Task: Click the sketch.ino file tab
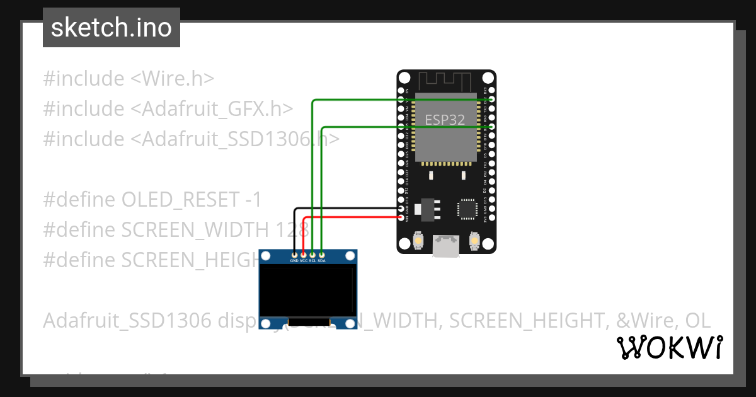pyautogui.click(x=112, y=28)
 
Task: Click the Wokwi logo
pyautogui.click(x=669, y=347)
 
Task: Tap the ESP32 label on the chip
pyautogui.click(x=445, y=120)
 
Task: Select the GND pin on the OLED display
pyautogui.click(x=294, y=253)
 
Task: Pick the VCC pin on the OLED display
pyautogui.click(x=304, y=253)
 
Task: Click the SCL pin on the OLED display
pyautogui.click(x=312, y=253)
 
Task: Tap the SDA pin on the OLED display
pyautogui.click(x=322, y=253)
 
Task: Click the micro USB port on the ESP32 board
pyautogui.click(x=446, y=246)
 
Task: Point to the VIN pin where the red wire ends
pyautogui.click(x=402, y=217)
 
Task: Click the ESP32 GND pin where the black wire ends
pyautogui.click(x=402, y=209)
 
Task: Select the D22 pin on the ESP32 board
pyautogui.click(x=491, y=100)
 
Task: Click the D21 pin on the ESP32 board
pyautogui.click(x=491, y=127)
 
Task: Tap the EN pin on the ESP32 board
pyautogui.click(x=402, y=90)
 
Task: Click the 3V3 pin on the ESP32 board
pyautogui.click(x=491, y=217)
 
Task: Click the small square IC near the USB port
pyautogui.click(x=467, y=209)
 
